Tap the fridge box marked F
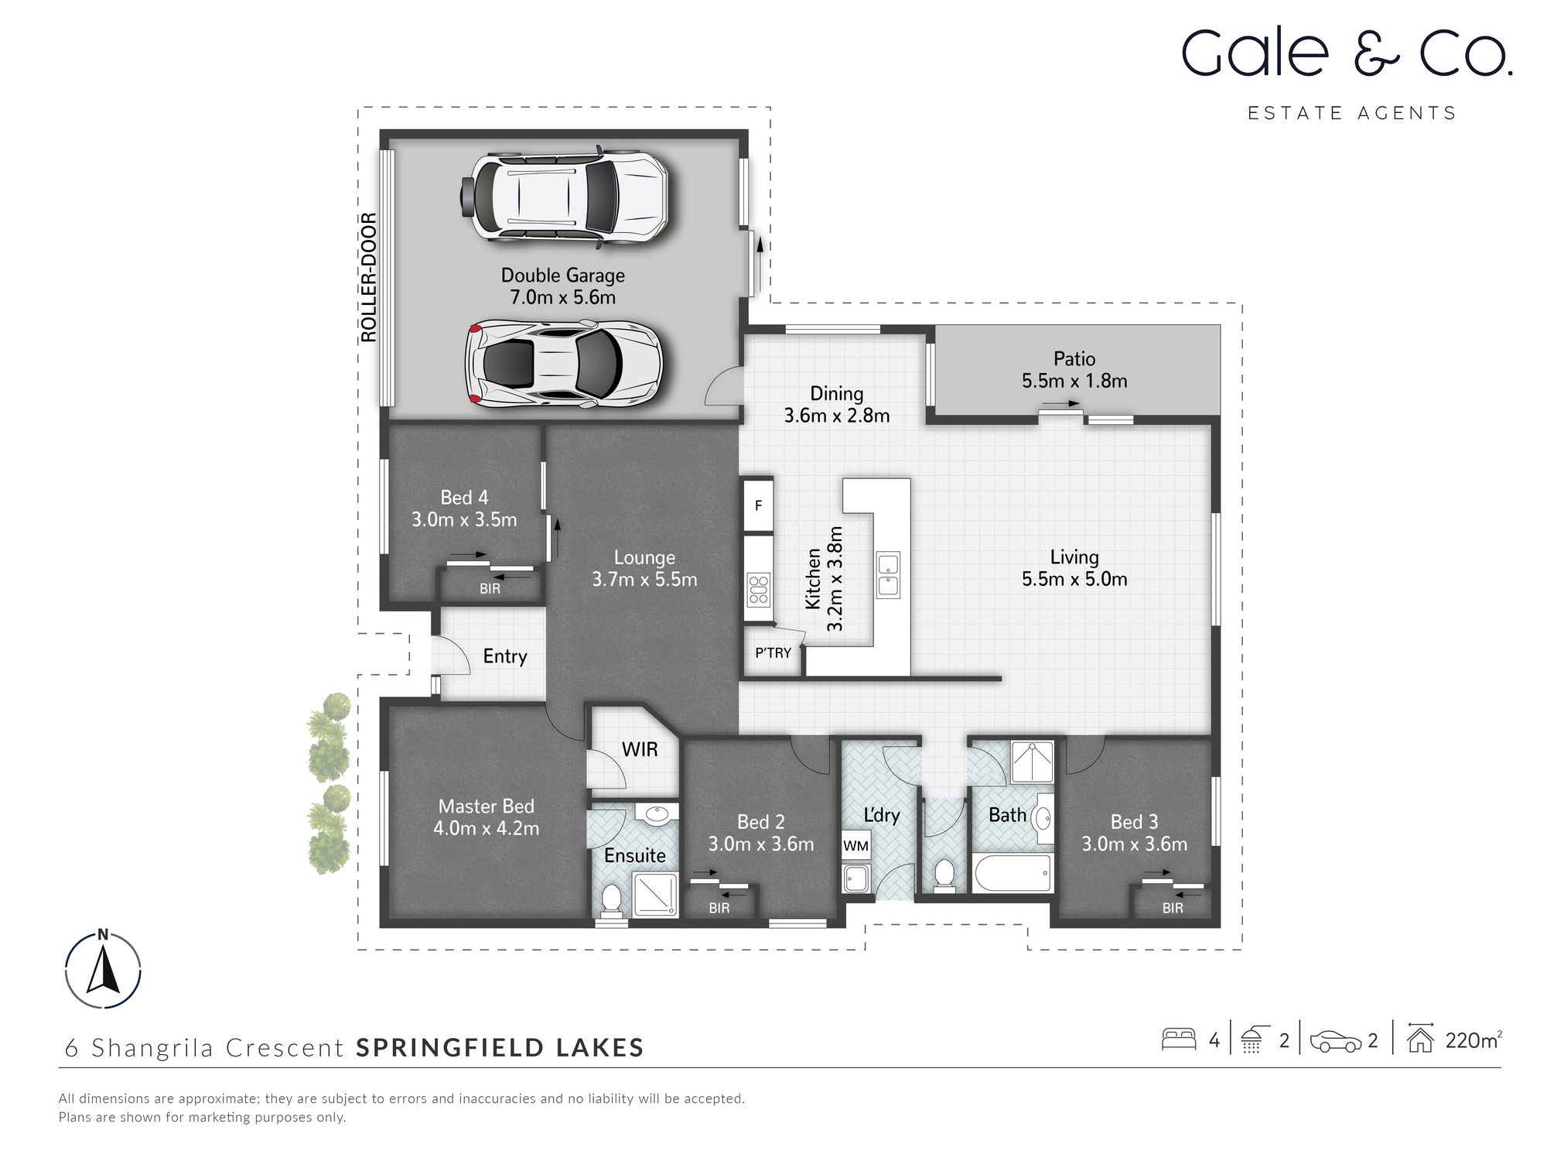point(758,505)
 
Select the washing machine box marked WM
point(855,845)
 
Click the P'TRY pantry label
point(773,653)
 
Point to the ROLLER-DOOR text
point(369,277)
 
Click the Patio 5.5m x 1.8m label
point(1074,370)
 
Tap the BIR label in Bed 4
point(490,589)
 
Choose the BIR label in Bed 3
point(1173,909)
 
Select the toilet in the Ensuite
point(611,899)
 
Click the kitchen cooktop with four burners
point(758,589)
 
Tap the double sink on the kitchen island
point(888,574)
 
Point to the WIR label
point(640,749)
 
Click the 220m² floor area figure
point(1472,1040)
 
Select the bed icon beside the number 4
point(1179,1039)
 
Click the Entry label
point(504,656)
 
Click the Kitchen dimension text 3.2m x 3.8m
point(835,579)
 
